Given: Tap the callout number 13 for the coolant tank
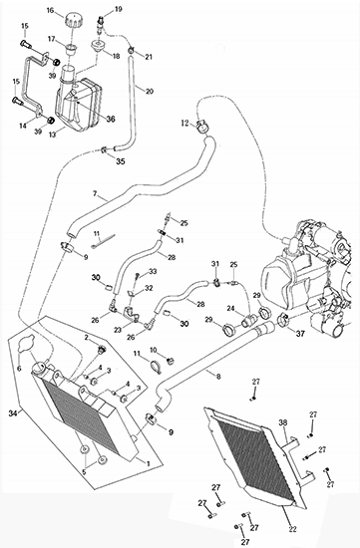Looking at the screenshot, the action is coord(52,135).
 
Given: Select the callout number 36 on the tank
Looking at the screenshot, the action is coord(111,120).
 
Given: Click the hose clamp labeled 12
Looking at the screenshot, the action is coord(201,128).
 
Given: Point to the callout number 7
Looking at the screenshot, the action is coord(95,193).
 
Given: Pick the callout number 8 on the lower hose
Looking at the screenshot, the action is coord(218,377).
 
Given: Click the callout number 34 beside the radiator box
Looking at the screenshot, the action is coord(13,413).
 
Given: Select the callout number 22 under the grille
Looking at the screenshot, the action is coord(293,529).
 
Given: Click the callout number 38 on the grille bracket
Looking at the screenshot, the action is coord(282,422).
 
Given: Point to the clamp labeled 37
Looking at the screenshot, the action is coord(283,320).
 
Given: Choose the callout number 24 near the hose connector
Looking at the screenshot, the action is coord(230,308).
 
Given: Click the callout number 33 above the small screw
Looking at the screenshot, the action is coord(153,271).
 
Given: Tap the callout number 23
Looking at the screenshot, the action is coord(118,330).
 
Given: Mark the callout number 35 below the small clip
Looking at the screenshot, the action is coord(121,161).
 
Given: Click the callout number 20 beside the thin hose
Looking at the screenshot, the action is coord(150,92).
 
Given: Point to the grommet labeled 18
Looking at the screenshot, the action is coord(99,46).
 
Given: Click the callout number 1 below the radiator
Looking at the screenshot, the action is coord(149,463).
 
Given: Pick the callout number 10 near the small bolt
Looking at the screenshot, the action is coord(154,350).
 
